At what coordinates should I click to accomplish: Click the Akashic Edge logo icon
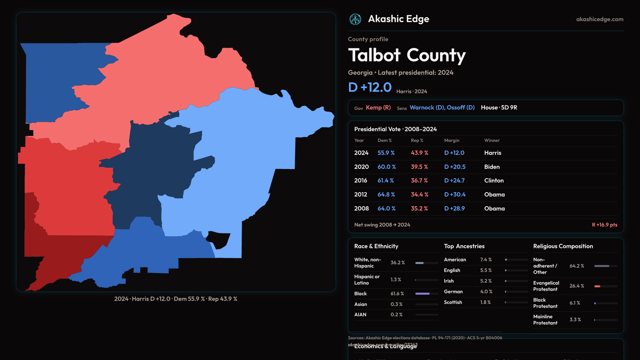pos(355,19)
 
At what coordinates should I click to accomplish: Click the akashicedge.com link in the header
pos(600,19)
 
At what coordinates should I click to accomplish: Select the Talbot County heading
pos(407,55)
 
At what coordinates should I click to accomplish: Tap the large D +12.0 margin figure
pos(370,87)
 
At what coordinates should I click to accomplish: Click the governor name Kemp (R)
pos(378,108)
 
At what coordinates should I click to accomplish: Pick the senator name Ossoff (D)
pos(461,108)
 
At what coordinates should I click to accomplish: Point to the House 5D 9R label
pos(499,108)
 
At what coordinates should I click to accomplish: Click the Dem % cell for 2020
pos(387,167)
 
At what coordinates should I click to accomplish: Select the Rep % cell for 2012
pos(420,194)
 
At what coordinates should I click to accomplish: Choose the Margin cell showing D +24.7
pos(454,180)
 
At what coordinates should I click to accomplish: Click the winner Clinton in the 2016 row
pos(494,180)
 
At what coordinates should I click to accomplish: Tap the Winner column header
pos(492,140)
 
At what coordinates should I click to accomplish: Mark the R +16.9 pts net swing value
pos(604,225)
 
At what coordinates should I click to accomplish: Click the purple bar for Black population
pos(422,294)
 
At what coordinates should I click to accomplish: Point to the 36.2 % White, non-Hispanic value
pos(398,263)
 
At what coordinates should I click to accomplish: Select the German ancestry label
pos(453,292)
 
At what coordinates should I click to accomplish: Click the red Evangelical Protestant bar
pos(597,286)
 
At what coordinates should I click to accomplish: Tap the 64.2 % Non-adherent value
pos(577,266)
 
